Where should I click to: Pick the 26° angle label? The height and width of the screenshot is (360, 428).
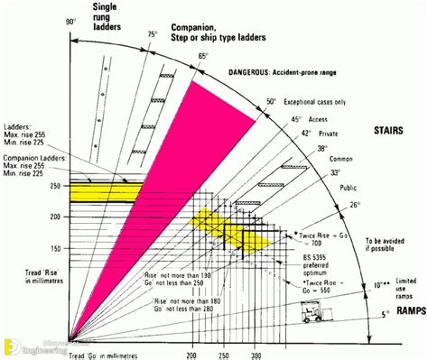(353, 205)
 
